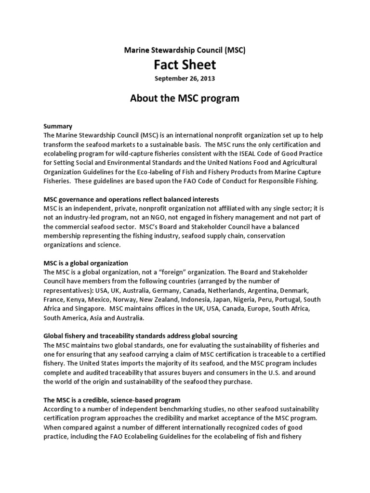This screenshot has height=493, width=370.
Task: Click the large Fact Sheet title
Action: pyautogui.click(x=185, y=64)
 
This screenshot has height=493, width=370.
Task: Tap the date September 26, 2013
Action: pyautogui.click(x=185, y=78)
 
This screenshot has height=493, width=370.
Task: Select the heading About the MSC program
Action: pyautogui.click(x=185, y=98)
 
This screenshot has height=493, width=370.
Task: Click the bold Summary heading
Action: pyautogui.click(x=58, y=126)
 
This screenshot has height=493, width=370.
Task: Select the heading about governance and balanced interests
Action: pyautogui.click(x=131, y=199)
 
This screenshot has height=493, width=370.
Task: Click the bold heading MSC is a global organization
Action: pyautogui.click(x=86, y=263)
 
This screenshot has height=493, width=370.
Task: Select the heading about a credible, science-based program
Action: pyautogui.click(x=112, y=400)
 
